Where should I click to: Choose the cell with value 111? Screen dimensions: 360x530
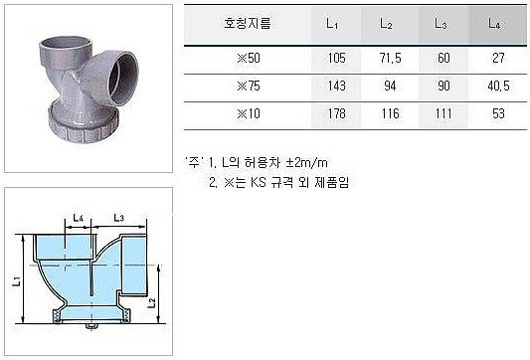pyautogui.click(x=440, y=114)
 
